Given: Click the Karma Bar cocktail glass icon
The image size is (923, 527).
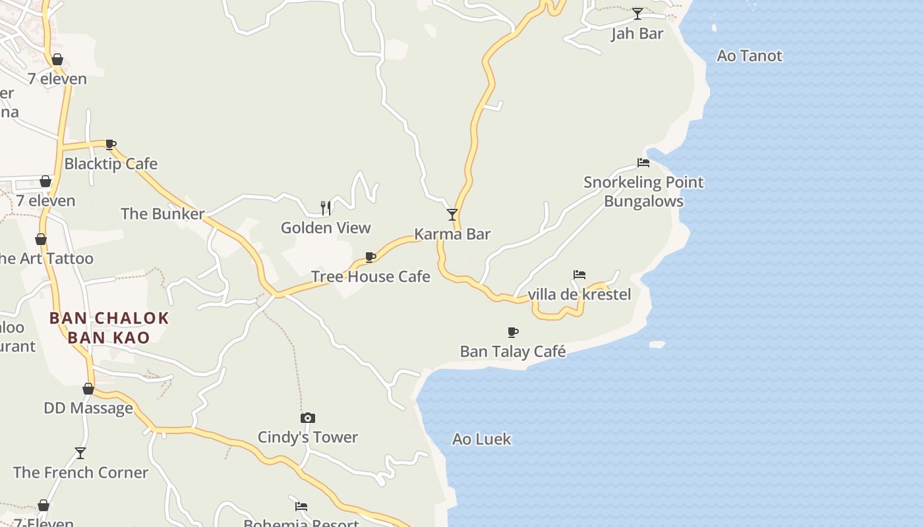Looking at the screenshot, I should pyautogui.click(x=452, y=215).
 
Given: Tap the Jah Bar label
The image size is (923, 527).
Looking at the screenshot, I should pyautogui.click(x=637, y=34).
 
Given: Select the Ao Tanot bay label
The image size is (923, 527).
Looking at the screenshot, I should pyautogui.click(x=749, y=56).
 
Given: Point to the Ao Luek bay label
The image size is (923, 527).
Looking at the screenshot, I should pyautogui.click(x=481, y=439).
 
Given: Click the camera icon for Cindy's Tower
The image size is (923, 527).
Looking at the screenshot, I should pyautogui.click(x=308, y=418).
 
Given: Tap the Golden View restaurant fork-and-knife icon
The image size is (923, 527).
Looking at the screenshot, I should pyautogui.click(x=326, y=208).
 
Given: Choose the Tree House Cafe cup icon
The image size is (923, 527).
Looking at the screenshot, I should pyautogui.click(x=371, y=257).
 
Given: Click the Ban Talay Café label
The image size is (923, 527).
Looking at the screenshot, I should pyautogui.click(x=512, y=351).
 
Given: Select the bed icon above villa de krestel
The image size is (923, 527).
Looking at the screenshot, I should pyautogui.click(x=580, y=275).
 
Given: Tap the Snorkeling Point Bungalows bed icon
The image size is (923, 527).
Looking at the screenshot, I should pyautogui.click(x=643, y=163).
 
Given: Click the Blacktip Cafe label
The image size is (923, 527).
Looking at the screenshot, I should pyautogui.click(x=111, y=164).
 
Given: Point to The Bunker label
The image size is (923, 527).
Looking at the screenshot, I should pyautogui.click(x=162, y=213).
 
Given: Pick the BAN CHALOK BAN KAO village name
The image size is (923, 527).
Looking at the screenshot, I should pyautogui.click(x=109, y=327).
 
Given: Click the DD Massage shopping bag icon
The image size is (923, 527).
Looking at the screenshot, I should pyautogui.click(x=88, y=389).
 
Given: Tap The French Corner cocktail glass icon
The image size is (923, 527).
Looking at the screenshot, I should pyautogui.click(x=80, y=453).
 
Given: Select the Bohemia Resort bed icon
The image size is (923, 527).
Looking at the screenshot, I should pyautogui.click(x=301, y=506).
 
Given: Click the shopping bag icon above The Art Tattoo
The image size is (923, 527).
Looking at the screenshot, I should pyautogui.click(x=41, y=239).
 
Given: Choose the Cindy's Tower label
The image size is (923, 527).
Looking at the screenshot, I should pyautogui.click(x=307, y=437).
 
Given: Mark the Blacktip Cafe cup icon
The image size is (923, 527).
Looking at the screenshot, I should pyautogui.click(x=111, y=144).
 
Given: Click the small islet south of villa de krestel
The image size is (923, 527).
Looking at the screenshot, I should pyautogui.click(x=657, y=345).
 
